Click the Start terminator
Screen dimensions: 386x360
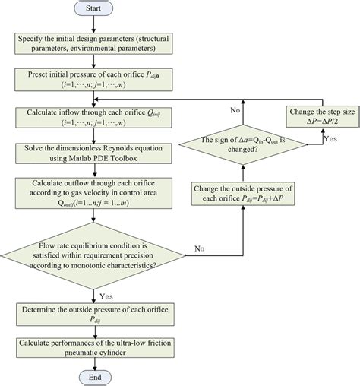click(x=93, y=9)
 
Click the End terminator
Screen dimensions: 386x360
click(x=93, y=375)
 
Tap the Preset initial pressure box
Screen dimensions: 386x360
click(x=93, y=81)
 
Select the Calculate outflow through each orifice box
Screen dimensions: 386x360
click(x=93, y=194)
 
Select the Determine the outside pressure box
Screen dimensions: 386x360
click(x=93, y=314)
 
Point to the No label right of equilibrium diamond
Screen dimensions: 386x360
click(x=200, y=248)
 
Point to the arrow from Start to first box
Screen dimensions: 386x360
click(x=93, y=24)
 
